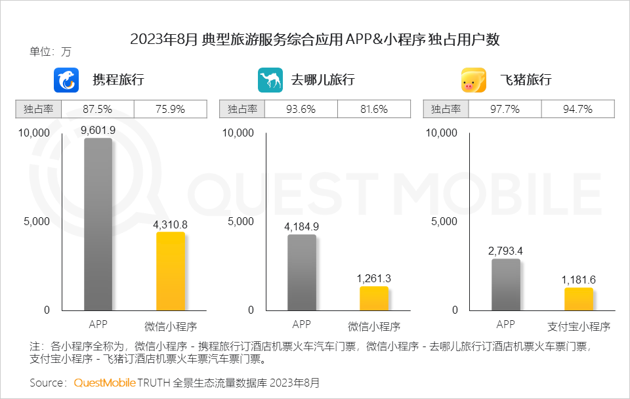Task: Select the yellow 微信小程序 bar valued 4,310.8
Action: coord(170,271)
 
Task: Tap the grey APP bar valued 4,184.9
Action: coord(301,272)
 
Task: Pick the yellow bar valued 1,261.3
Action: coord(373,298)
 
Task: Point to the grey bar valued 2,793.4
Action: coord(505,285)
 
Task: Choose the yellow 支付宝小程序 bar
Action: coord(578,299)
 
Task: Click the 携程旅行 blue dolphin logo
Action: coord(66,81)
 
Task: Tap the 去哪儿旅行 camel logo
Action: coord(270,81)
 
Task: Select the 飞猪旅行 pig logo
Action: coord(474,81)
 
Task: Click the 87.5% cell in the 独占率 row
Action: coord(96,109)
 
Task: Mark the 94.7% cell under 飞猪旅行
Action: coord(578,109)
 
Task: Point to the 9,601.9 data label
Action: coord(98,131)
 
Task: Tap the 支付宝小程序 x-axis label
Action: coord(578,326)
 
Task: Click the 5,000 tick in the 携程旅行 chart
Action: coord(37,221)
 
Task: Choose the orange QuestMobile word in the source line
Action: coord(105,382)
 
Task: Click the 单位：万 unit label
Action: coord(51,51)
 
